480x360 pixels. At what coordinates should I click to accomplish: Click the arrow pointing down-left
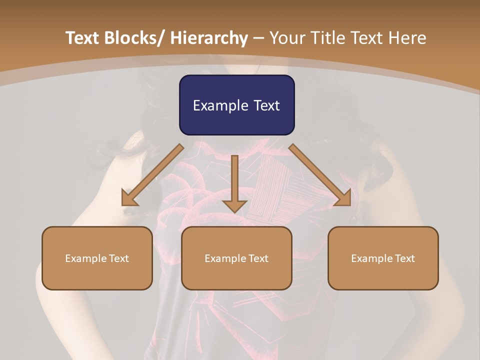pyautogui.click(x=152, y=174)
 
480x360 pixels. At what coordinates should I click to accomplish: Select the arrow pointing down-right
pyautogui.click(x=320, y=174)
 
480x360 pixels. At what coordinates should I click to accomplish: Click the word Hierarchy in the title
pyautogui.click(x=209, y=38)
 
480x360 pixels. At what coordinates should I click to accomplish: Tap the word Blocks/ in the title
pyautogui.click(x=132, y=38)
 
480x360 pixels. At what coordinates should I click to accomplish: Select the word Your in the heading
pyautogui.click(x=287, y=38)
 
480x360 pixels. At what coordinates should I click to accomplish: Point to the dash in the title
pyautogui.click(x=258, y=38)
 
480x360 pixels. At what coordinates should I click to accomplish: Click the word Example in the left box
pyautogui.click(x=86, y=258)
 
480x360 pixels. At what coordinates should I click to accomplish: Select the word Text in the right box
pyautogui.click(x=404, y=258)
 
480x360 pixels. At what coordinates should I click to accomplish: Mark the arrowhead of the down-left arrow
pyautogui.click(x=128, y=198)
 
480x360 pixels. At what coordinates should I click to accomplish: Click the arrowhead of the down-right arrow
pyautogui.click(x=343, y=198)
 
